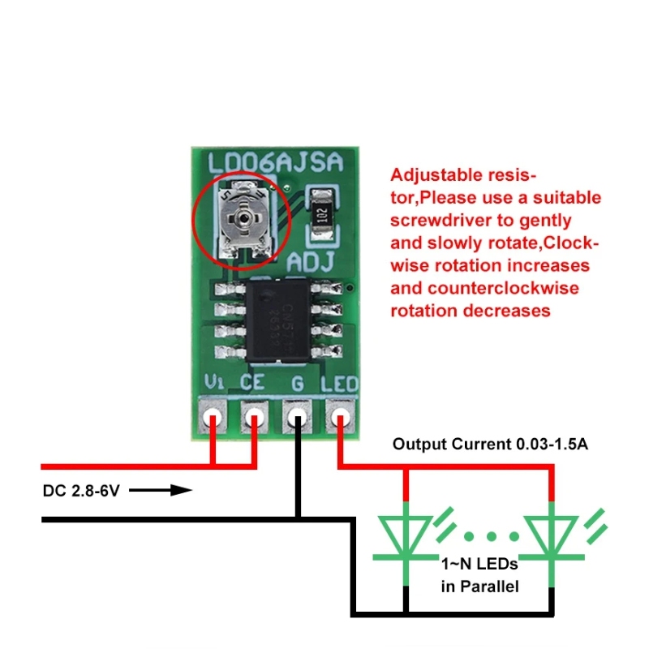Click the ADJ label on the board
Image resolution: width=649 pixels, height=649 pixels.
[x=312, y=263]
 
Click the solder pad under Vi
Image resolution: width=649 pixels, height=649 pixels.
[x=214, y=418]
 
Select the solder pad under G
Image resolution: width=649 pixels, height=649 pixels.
[x=297, y=419]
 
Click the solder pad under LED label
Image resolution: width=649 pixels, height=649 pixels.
[x=339, y=418]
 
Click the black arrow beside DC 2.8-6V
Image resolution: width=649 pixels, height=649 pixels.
[x=161, y=490]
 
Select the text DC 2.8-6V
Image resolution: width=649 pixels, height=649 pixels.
[x=80, y=491]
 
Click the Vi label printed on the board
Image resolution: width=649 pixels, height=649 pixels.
[x=214, y=382]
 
